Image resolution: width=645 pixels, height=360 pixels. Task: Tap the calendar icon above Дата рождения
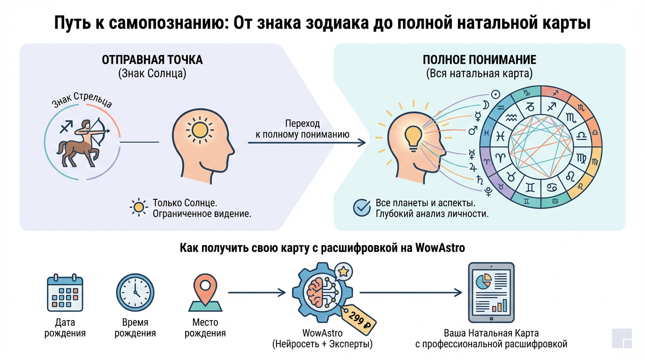65,292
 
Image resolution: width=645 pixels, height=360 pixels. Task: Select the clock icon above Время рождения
135,292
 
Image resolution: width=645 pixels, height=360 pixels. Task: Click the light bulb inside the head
412,136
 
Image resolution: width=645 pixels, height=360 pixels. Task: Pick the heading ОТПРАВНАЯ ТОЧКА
152,60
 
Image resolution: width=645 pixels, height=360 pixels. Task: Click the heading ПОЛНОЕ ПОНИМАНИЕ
480,60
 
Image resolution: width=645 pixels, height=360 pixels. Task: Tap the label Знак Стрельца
82,102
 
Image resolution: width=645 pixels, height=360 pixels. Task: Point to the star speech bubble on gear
344,271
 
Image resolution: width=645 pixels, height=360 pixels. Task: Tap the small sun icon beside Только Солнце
138,207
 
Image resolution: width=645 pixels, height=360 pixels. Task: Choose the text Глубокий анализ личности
432,214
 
